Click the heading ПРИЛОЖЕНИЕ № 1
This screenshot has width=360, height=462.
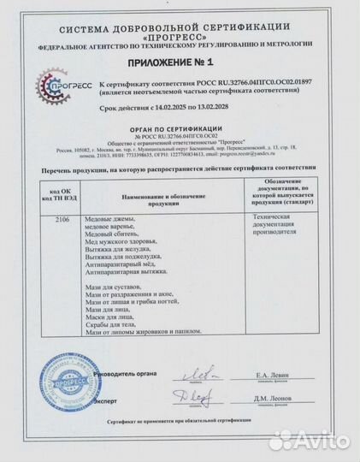coord(180,64)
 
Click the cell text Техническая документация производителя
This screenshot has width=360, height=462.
coord(278,225)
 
